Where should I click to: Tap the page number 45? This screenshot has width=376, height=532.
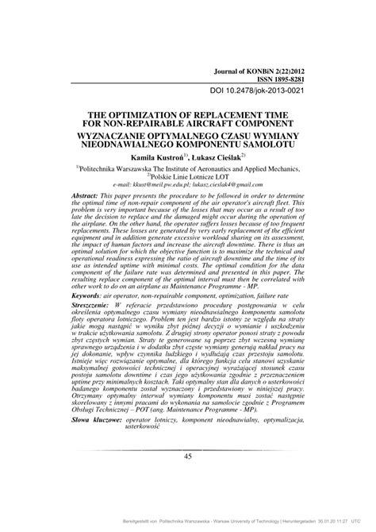(x=188, y=478)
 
